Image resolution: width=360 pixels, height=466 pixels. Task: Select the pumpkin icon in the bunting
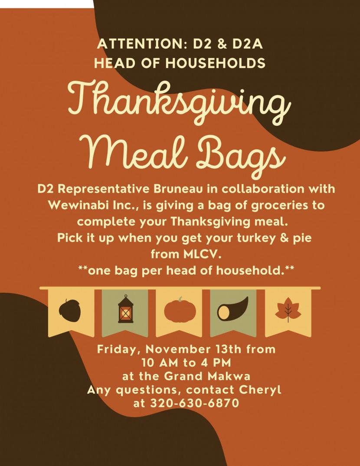click(x=180, y=310)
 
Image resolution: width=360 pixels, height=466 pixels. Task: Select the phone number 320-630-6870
click(x=195, y=403)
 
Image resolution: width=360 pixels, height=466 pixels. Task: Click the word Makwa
click(x=229, y=376)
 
